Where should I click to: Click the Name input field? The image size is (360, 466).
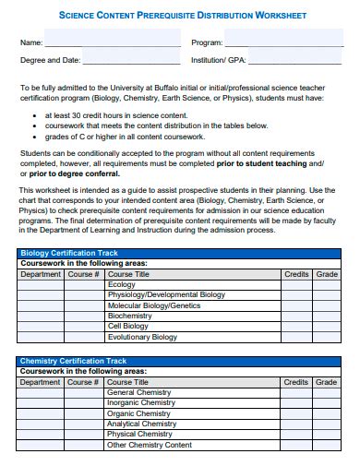click(x=113, y=42)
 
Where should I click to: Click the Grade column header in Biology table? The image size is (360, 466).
click(x=327, y=274)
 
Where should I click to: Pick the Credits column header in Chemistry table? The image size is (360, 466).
click(x=296, y=381)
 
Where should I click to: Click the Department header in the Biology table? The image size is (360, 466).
click(x=41, y=274)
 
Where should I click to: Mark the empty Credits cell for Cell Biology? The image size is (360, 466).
click(x=296, y=326)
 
